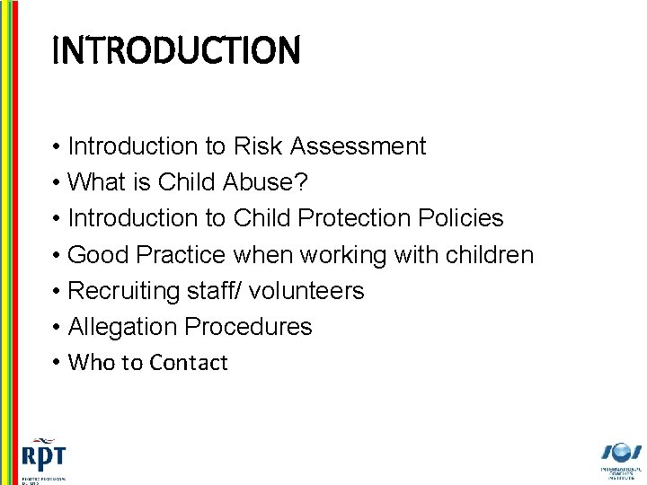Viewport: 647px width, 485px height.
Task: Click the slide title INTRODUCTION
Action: coord(176,51)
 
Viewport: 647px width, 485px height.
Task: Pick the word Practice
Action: coord(180,255)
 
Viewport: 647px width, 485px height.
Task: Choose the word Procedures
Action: coord(249,327)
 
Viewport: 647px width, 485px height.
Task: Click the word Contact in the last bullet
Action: coord(190,363)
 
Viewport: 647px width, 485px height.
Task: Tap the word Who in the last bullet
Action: coord(87,363)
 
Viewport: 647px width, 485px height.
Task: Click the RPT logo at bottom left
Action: coord(43,458)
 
